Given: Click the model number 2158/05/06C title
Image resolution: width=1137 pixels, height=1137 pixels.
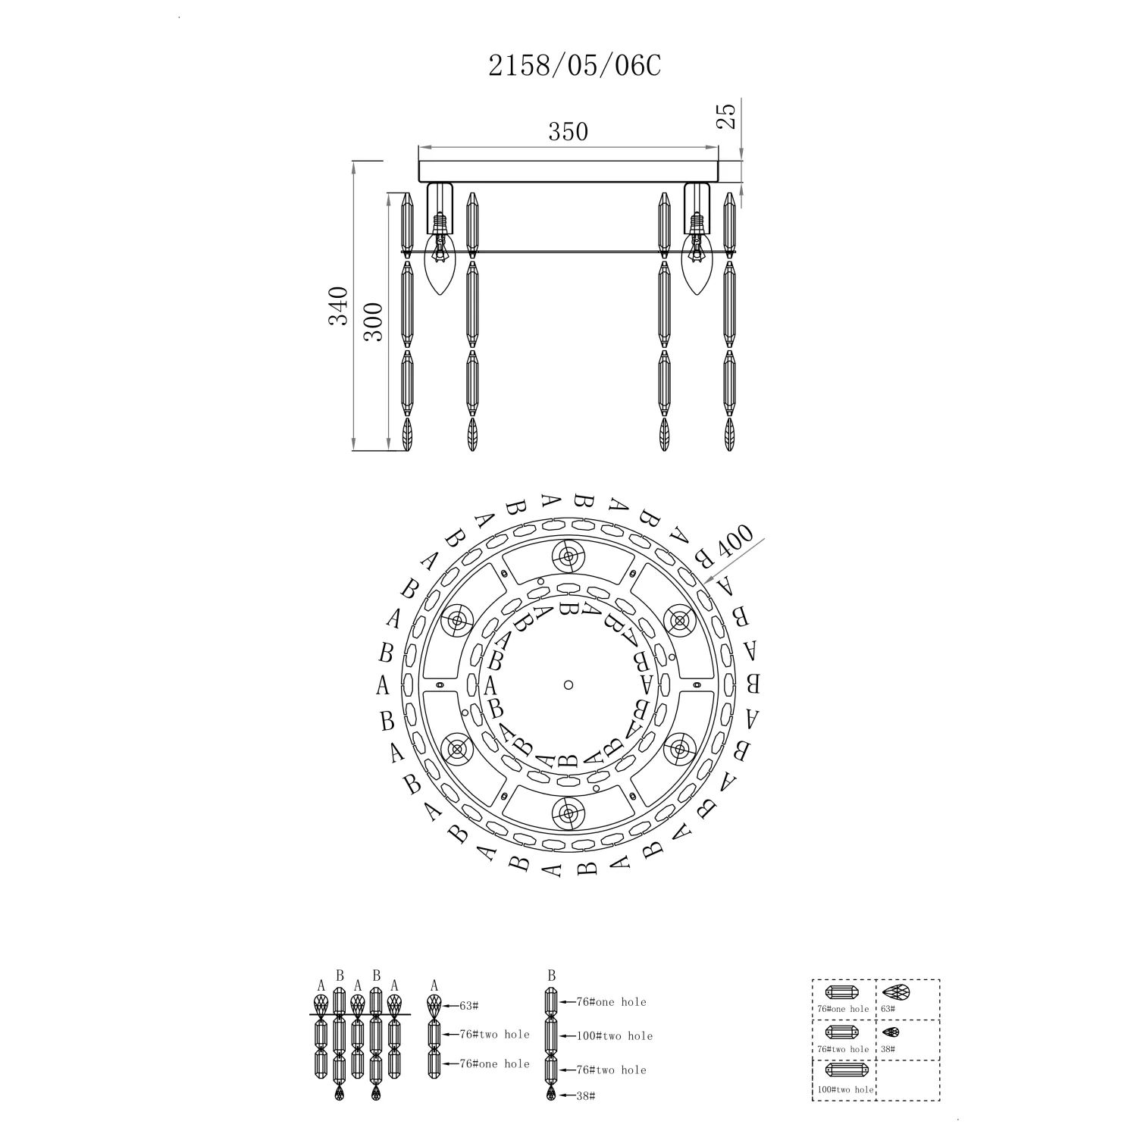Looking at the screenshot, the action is click(575, 67).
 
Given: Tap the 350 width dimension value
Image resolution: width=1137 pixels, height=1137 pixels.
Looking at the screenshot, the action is click(568, 131).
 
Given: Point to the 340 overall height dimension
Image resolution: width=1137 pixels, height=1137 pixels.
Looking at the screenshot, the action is click(338, 305).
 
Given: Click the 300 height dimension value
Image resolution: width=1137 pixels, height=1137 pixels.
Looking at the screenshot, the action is click(374, 321).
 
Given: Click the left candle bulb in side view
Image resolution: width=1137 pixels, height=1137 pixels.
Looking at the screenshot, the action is click(439, 266).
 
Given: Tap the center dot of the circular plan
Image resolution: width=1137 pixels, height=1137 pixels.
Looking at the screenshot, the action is click(568, 685).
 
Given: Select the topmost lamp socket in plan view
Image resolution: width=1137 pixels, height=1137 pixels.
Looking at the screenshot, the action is click(568, 556).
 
